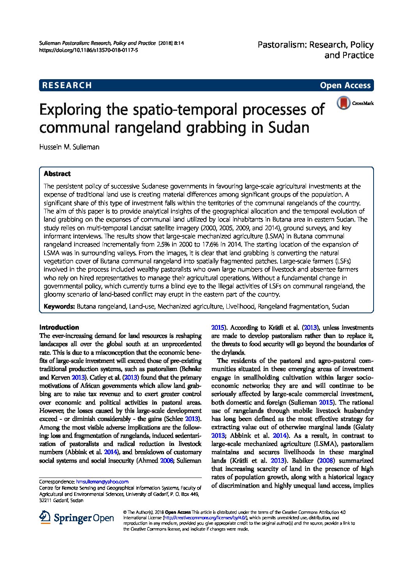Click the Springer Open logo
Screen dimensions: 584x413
point(77,518)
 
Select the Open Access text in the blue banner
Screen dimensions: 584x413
point(345,85)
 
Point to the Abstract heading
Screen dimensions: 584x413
point(57,174)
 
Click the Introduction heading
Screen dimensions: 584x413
point(59,327)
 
